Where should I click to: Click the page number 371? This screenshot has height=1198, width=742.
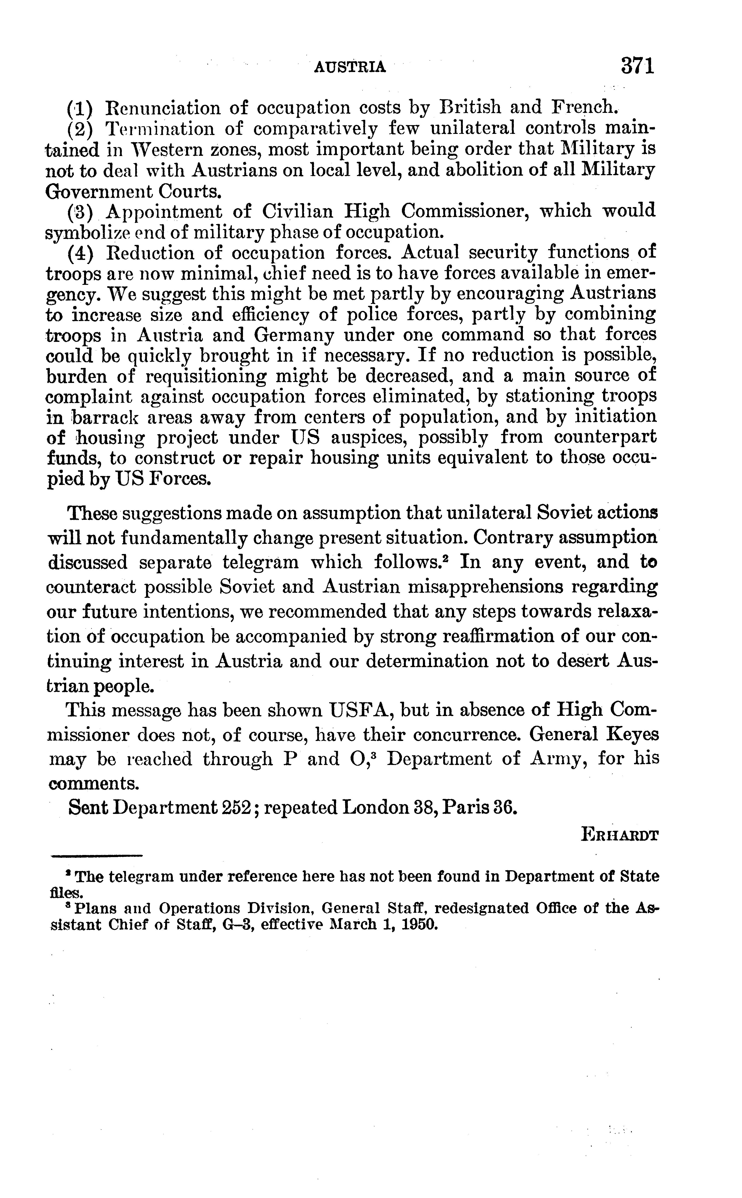(x=637, y=66)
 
